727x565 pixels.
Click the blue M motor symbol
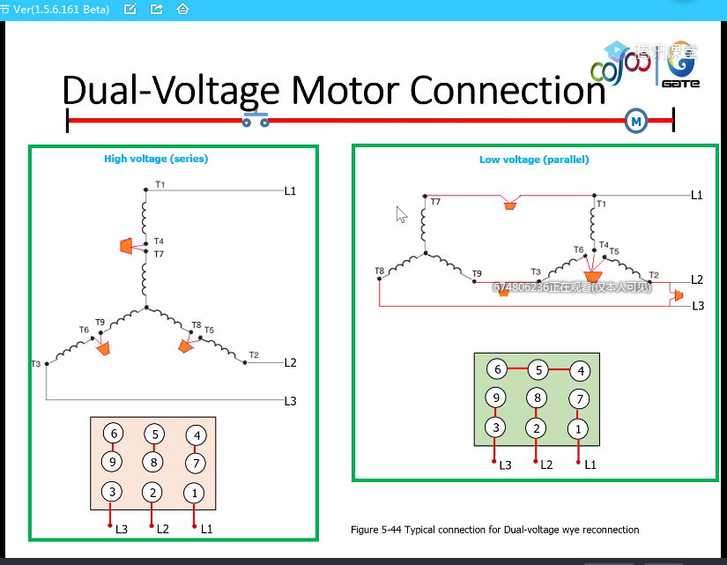point(634,122)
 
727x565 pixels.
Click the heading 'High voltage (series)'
point(156,159)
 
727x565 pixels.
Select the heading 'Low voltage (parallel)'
point(534,160)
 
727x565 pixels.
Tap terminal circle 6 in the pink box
point(112,434)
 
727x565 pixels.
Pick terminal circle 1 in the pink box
point(195,493)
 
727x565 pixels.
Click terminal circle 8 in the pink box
point(154,462)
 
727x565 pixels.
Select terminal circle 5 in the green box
point(538,370)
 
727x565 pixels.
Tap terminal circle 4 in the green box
point(579,370)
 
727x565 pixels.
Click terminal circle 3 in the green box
point(496,427)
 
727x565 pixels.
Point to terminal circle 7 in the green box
point(579,399)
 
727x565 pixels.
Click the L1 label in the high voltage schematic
point(290,190)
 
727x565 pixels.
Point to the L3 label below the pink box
point(122,529)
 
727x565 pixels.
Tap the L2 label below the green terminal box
point(546,464)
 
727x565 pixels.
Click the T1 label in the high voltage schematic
point(159,184)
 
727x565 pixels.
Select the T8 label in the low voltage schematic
point(379,271)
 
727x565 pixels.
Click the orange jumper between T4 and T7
point(128,246)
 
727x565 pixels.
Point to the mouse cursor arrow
point(401,214)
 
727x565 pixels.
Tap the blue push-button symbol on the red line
point(256,119)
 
